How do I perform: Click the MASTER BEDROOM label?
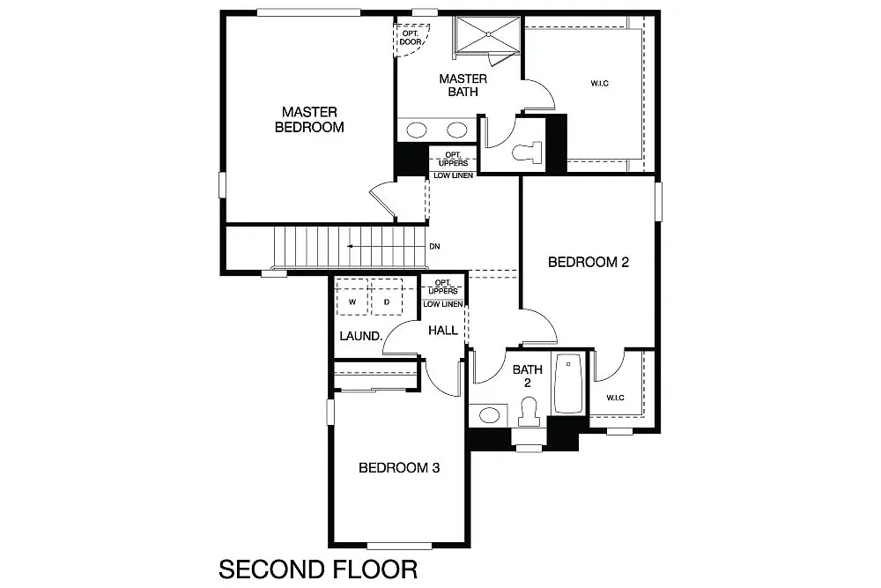coord(308,120)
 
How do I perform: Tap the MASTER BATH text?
coord(463,86)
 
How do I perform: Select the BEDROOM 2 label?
coord(588,262)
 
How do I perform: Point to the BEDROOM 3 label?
coord(398,468)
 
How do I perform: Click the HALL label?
coord(442,331)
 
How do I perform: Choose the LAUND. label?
coord(360,337)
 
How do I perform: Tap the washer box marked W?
coord(352,302)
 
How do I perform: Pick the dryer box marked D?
coord(386,302)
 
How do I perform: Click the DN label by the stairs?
coord(434,247)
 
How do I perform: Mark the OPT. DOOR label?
coord(410,38)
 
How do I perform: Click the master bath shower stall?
coord(488,36)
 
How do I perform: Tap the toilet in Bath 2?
coord(529,412)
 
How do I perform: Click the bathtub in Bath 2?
coord(568,383)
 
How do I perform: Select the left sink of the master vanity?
coord(418,130)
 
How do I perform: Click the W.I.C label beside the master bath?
coord(600,84)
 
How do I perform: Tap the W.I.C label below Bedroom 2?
coord(615,398)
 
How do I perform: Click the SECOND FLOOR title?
coord(312,568)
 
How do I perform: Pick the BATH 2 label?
coord(528,376)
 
